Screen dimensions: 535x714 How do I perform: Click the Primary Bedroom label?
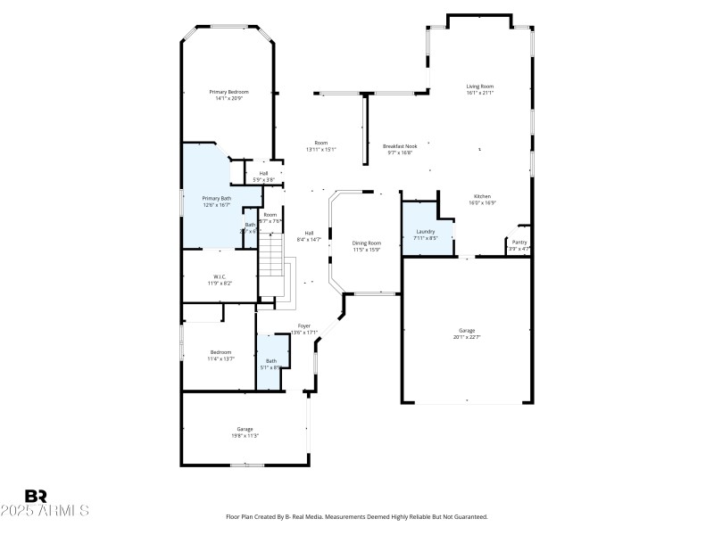point(228,92)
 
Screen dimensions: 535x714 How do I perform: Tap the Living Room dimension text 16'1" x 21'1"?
point(480,93)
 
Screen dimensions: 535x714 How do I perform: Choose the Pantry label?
point(519,243)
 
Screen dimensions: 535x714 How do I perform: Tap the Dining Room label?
point(366,243)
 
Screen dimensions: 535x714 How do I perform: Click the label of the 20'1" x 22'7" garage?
point(467,331)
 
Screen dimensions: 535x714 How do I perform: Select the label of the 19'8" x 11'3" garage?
point(245,429)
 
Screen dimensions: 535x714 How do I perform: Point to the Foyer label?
point(304,326)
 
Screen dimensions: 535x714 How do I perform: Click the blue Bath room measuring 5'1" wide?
point(270,364)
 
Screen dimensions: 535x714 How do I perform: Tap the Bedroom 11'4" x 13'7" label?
point(221,352)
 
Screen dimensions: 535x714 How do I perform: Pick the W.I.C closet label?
point(220,276)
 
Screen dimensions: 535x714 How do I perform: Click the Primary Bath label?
point(216,198)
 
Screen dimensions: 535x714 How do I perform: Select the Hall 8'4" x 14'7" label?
point(309,233)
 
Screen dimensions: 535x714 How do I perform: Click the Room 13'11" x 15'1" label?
point(320,143)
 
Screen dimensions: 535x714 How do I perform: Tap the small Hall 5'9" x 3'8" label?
point(264,173)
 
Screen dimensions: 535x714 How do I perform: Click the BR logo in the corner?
point(37,497)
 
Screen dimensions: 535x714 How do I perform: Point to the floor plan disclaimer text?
point(357,516)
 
